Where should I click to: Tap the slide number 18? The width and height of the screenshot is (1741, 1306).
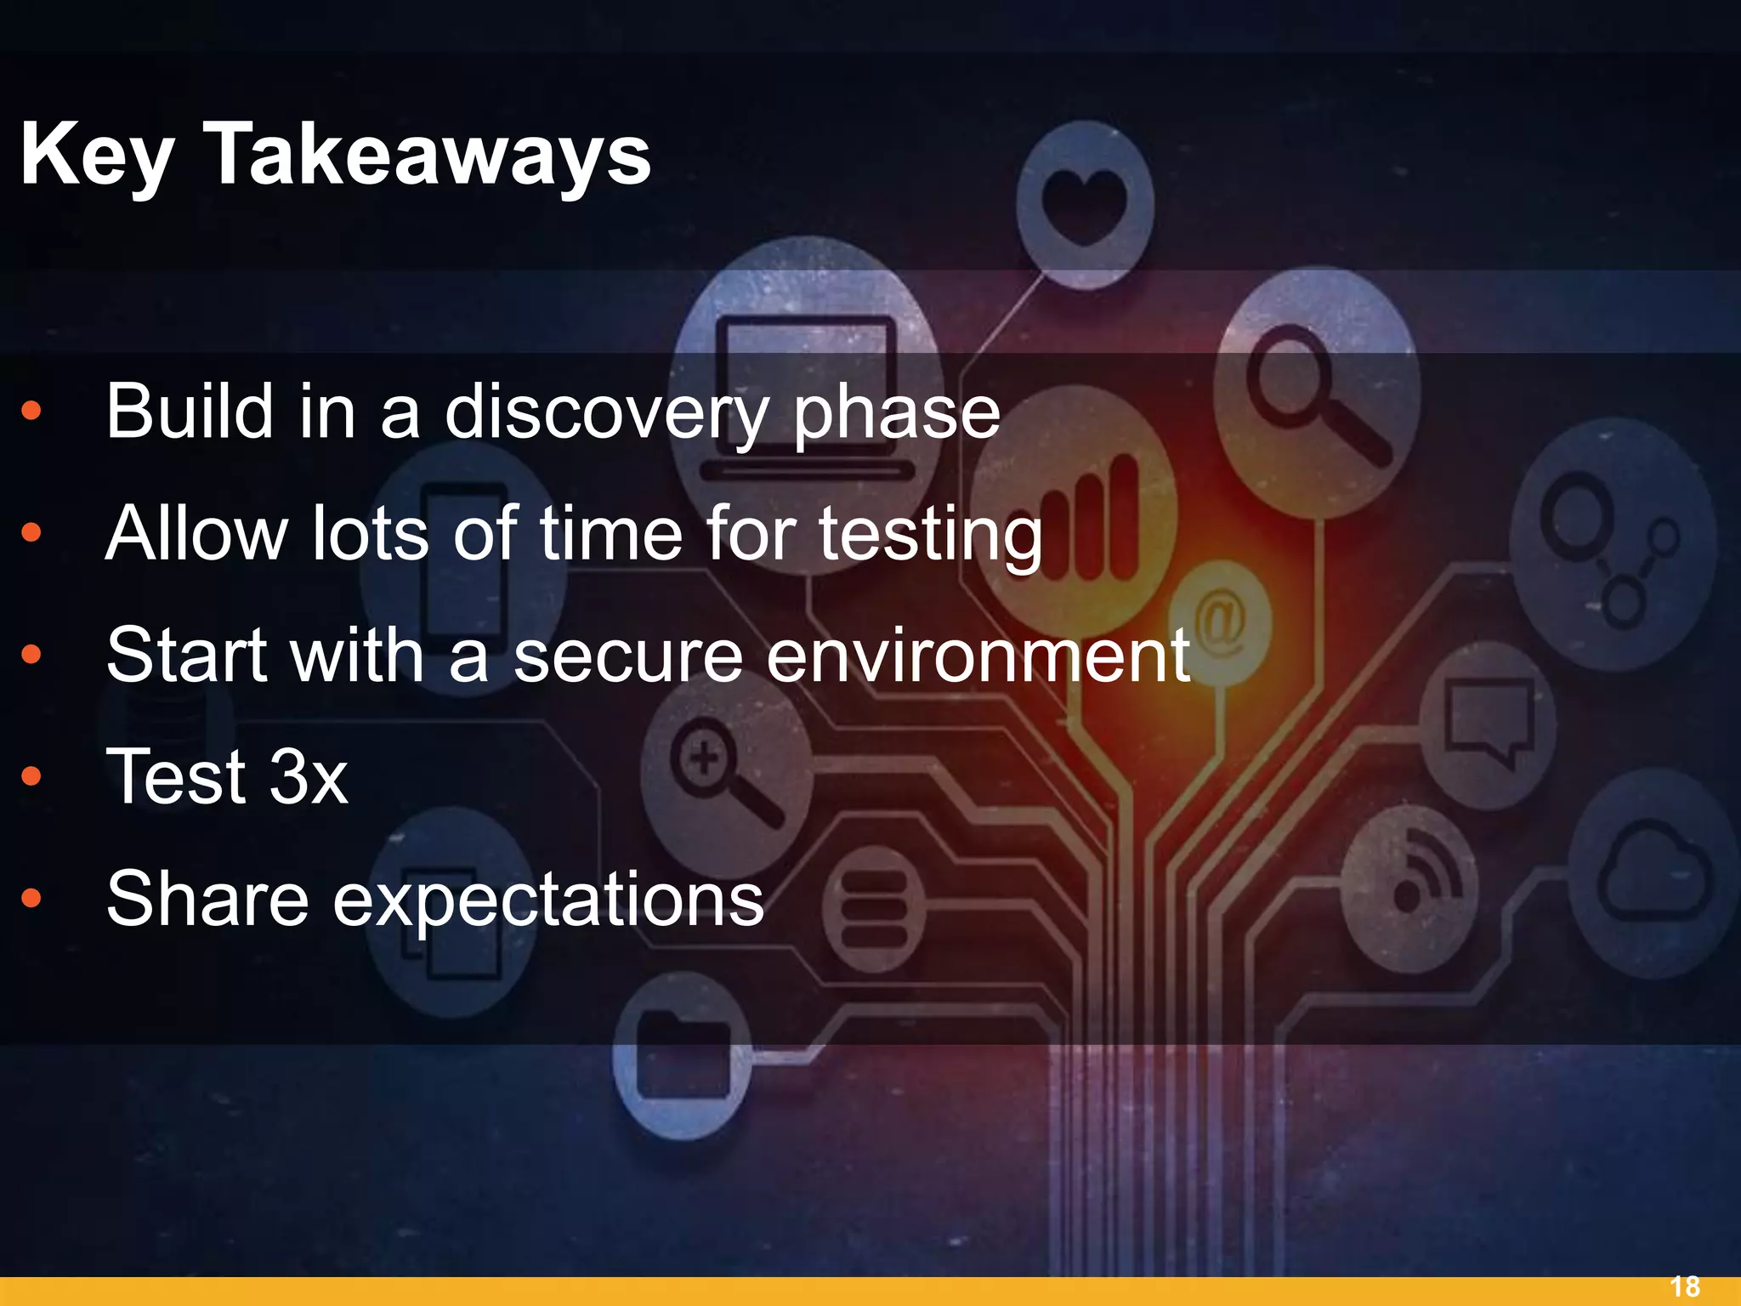(x=1685, y=1286)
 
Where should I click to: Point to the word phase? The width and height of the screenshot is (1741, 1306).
(x=896, y=414)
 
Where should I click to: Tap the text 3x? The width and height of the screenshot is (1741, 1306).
(x=308, y=777)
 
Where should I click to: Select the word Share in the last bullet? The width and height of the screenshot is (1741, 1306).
(x=207, y=899)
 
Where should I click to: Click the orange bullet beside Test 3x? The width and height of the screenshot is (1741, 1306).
(x=31, y=776)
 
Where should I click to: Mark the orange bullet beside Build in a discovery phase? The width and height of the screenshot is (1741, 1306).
(x=31, y=412)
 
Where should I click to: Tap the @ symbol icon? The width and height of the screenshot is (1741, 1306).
(x=1219, y=620)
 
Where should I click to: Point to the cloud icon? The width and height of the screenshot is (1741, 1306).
(x=1653, y=876)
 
